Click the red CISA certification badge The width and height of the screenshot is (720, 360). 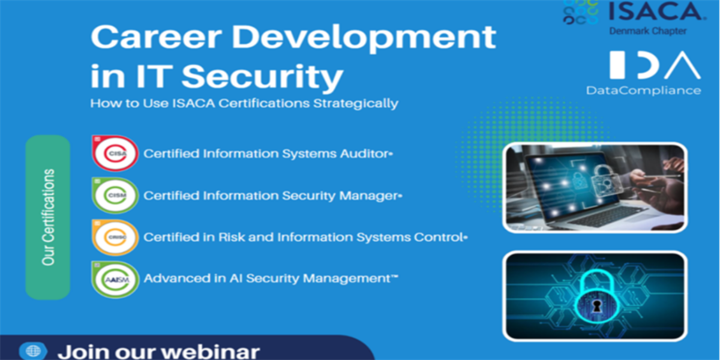(115, 154)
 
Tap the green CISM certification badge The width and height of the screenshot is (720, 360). (115, 195)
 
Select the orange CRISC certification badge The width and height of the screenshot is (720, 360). (115, 237)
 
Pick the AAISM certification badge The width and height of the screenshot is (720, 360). (115, 280)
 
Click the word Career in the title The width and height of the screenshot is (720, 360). (156, 37)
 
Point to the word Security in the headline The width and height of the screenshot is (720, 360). (262, 77)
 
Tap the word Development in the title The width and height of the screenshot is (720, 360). (364, 39)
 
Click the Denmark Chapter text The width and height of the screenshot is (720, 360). (648, 31)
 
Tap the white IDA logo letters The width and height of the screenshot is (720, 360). (655, 65)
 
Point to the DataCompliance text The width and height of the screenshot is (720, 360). (643, 91)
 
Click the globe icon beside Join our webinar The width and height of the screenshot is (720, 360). (33, 351)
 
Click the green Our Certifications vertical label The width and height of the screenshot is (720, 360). (48, 217)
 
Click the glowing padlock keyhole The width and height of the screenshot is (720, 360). (596, 305)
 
